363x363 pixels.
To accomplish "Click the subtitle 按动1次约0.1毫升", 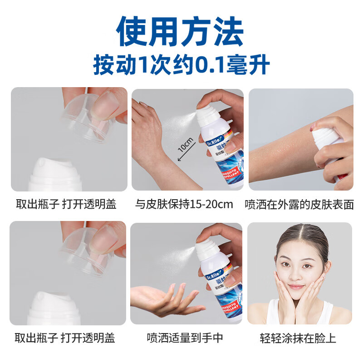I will (181, 65).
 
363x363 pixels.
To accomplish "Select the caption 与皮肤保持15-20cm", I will (184, 204).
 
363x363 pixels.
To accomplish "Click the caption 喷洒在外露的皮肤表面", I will (299, 204).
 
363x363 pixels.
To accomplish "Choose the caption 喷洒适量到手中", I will (183, 338).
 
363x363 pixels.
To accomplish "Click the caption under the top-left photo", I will (65, 204).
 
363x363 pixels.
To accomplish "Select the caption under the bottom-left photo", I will (65, 338).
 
